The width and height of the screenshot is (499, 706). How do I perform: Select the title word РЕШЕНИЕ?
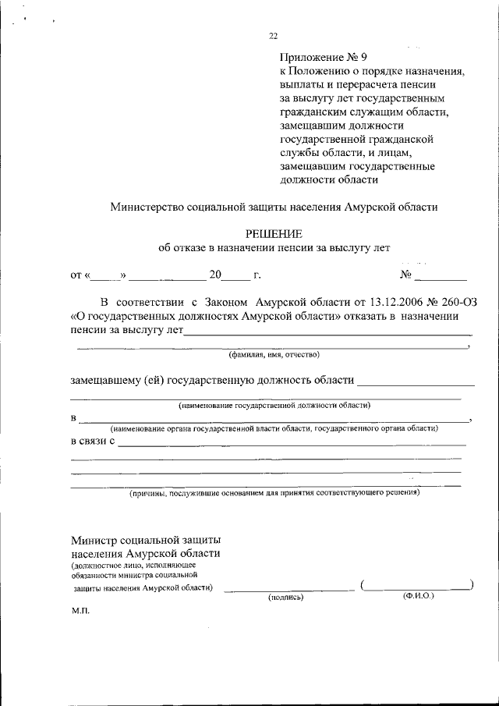click(x=273, y=233)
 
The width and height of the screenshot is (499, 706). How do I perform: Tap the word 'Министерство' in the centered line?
click(x=147, y=208)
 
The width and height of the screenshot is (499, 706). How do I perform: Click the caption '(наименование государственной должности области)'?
click(x=273, y=406)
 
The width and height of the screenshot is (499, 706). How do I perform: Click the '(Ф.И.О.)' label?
click(x=419, y=595)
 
